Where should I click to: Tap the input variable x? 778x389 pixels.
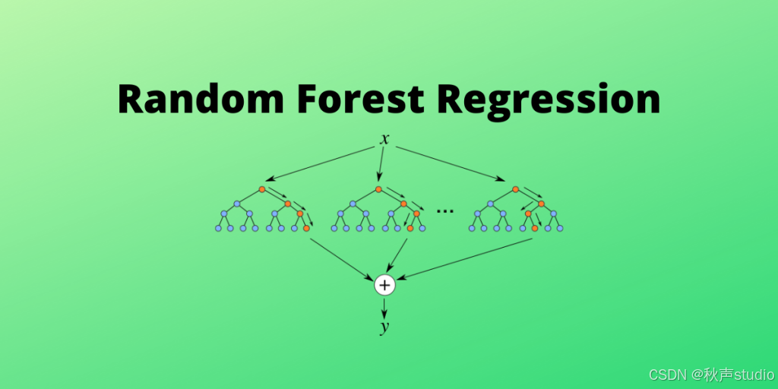pyautogui.click(x=385, y=139)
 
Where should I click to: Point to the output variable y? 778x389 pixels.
pyautogui.click(x=385, y=327)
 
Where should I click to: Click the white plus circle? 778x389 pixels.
pyautogui.click(x=385, y=285)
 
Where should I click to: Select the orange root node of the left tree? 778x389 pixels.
pyautogui.click(x=261, y=189)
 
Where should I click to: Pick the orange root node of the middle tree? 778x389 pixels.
pyautogui.click(x=378, y=189)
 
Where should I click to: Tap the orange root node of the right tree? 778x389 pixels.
pyautogui.click(x=515, y=189)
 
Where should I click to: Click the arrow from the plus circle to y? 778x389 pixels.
pyautogui.click(x=385, y=307)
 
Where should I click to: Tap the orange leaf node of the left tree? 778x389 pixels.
pyautogui.click(x=306, y=228)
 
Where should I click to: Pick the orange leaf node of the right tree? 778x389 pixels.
pyautogui.click(x=535, y=228)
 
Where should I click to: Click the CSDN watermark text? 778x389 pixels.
pyautogui.click(x=711, y=375)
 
